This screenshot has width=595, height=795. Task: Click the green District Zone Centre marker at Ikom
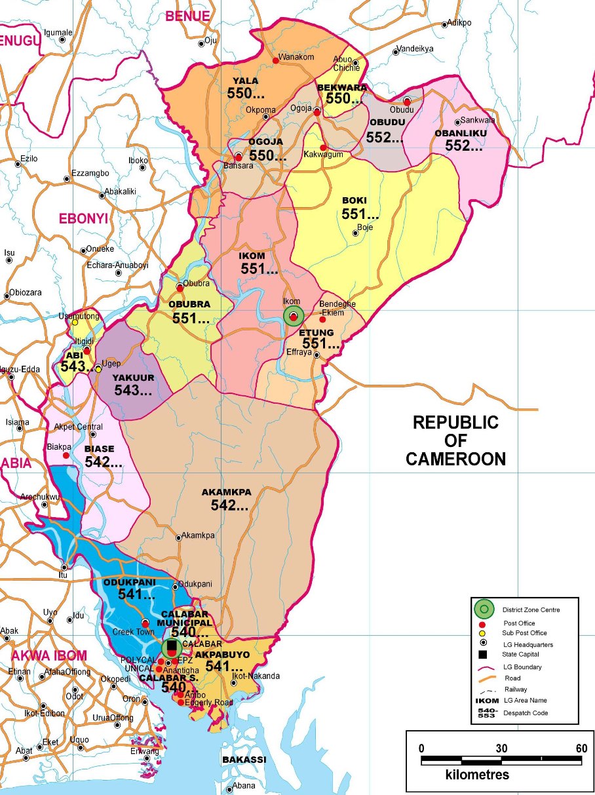(x=294, y=317)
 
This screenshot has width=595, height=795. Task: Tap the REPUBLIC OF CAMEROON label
(x=455, y=440)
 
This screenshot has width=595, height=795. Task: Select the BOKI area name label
(x=355, y=201)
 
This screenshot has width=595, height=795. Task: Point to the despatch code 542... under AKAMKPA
(x=229, y=505)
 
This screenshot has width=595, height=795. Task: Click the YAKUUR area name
(x=132, y=378)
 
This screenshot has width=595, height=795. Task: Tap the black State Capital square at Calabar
(x=172, y=646)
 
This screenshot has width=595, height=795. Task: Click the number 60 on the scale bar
(x=581, y=748)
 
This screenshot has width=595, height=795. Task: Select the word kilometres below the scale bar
(x=477, y=775)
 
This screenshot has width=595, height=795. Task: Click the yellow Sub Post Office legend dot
(x=483, y=634)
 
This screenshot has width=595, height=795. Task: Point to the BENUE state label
(x=187, y=16)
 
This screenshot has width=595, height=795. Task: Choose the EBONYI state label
(x=83, y=219)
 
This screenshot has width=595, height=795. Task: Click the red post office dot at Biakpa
(x=66, y=455)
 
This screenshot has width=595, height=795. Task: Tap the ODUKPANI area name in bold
(x=130, y=582)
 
